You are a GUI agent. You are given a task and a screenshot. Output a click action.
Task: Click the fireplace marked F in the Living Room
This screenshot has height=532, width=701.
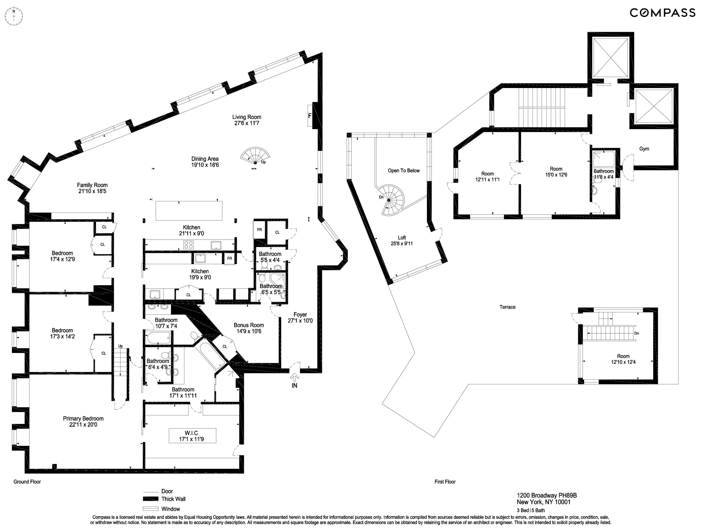click(310, 116)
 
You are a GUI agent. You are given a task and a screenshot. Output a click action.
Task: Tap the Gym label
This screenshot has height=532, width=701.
click(644, 149)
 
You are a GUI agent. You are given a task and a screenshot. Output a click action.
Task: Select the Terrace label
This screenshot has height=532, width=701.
click(507, 307)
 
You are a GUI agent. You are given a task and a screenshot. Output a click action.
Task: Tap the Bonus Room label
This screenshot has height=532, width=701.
click(249, 325)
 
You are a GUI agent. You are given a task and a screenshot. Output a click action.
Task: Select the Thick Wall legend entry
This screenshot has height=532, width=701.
click(173, 499)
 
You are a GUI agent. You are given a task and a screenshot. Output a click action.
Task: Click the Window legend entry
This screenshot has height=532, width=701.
click(171, 509)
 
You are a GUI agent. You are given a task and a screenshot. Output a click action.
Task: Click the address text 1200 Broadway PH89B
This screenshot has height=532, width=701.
click(547, 496)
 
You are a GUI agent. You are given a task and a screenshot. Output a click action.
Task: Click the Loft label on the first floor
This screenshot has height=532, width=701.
click(402, 238)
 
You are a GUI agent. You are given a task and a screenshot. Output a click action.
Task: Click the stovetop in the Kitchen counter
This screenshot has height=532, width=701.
click(189, 245)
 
